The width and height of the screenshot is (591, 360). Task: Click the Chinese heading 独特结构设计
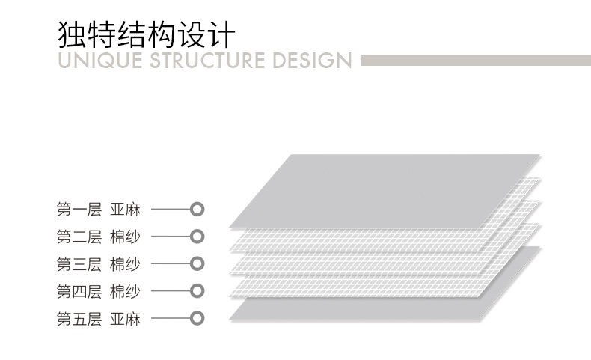146,34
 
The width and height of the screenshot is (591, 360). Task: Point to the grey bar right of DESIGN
475,60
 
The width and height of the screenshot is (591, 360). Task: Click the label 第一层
79,210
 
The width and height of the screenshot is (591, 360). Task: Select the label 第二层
79,237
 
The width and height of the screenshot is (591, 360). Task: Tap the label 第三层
79,263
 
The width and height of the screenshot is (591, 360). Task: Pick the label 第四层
79,291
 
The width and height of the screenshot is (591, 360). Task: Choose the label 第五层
79,318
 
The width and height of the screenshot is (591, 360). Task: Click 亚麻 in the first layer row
125,210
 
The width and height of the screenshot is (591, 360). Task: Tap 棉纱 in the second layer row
125,237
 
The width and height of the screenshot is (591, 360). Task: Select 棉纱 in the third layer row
125,263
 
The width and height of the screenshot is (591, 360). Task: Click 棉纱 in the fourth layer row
125,291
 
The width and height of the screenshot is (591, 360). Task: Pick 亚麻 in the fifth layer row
125,318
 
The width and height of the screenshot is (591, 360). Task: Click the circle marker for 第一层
197,209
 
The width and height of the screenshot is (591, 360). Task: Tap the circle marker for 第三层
197,263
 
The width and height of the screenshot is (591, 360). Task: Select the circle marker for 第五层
197,318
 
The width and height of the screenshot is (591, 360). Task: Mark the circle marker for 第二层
197,237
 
